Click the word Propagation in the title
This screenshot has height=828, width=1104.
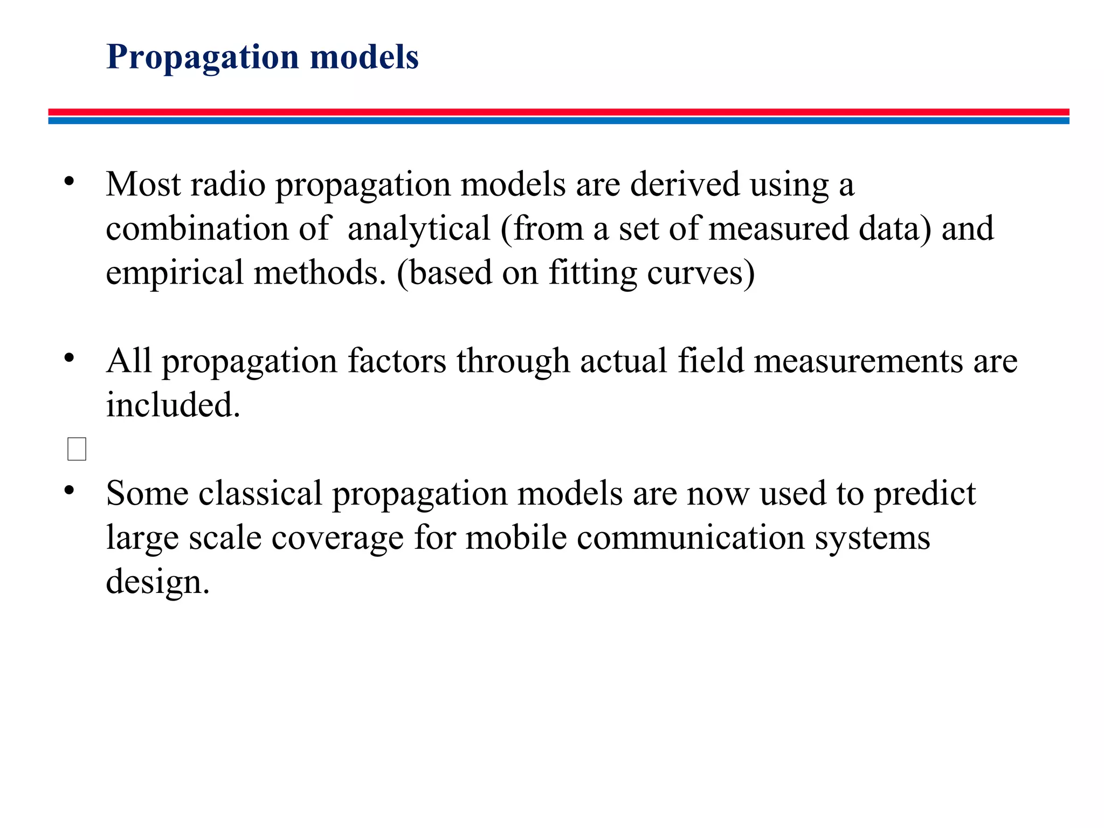[203, 57]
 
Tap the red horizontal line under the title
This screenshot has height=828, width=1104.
[558, 112]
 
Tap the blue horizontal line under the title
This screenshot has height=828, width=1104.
[558, 121]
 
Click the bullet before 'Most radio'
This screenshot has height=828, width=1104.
[68, 182]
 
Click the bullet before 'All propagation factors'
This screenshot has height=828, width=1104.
[68, 357]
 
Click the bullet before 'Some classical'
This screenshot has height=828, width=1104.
[68, 490]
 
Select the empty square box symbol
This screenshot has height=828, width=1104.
[77, 449]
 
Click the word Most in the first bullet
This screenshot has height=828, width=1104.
[143, 184]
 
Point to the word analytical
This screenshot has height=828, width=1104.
[419, 229]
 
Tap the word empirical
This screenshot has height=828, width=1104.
[174, 273]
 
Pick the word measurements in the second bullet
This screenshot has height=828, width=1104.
[858, 361]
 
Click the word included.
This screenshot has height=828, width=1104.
[172, 405]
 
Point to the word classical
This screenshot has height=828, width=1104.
[260, 493]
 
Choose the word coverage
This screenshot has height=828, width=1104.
[337, 537]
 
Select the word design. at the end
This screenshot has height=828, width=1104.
[157, 582]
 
